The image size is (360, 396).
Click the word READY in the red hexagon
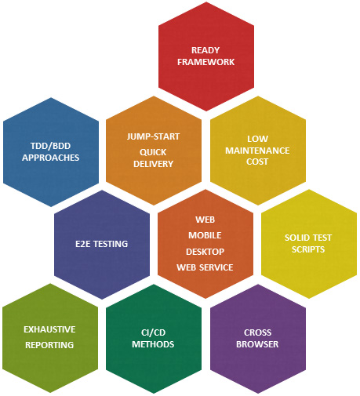[x=205, y=50]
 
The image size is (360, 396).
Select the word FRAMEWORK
[x=206, y=62]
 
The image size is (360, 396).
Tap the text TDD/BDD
[x=50, y=146]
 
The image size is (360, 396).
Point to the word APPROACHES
[x=50, y=158]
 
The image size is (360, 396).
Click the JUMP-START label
[x=153, y=136]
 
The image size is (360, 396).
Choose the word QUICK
[x=153, y=152]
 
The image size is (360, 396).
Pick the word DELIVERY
[x=153, y=164]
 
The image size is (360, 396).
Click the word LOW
[x=257, y=139]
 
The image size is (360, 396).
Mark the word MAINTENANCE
[x=257, y=151]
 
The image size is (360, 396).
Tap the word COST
[x=257, y=162]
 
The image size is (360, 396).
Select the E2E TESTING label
[x=102, y=244]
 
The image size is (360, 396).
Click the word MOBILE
[x=205, y=235]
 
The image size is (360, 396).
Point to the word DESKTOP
[x=205, y=252]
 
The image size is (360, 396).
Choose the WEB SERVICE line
[x=205, y=267]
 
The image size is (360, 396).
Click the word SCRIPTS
[x=308, y=249]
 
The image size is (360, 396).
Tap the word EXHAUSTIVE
[x=49, y=329]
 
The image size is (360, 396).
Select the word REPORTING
[x=49, y=345]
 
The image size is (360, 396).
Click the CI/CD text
[x=153, y=332]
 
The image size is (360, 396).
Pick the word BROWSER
[x=257, y=344]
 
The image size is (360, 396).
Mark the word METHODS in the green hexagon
[x=153, y=344]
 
